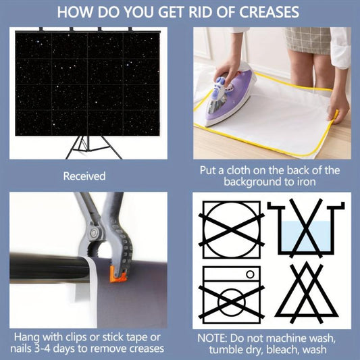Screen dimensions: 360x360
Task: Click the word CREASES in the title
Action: click(269, 12)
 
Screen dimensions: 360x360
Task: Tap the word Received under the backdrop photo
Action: click(84, 176)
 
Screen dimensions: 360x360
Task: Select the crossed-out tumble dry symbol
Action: click(232, 230)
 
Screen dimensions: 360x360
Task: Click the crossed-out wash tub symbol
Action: click(306, 228)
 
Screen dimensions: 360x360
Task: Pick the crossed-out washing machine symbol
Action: click(232, 295)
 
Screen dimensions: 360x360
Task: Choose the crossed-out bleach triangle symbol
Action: click(307, 292)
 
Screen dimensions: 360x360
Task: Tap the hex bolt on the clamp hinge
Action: click(94, 233)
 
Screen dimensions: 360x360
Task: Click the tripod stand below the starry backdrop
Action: click(93, 147)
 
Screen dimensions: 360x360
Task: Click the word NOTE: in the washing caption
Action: click(212, 338)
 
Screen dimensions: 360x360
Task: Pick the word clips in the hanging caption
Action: click(77, 338)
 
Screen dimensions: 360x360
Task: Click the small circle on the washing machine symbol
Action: click(250, 274)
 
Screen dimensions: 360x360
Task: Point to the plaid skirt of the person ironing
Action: click(307, 40)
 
